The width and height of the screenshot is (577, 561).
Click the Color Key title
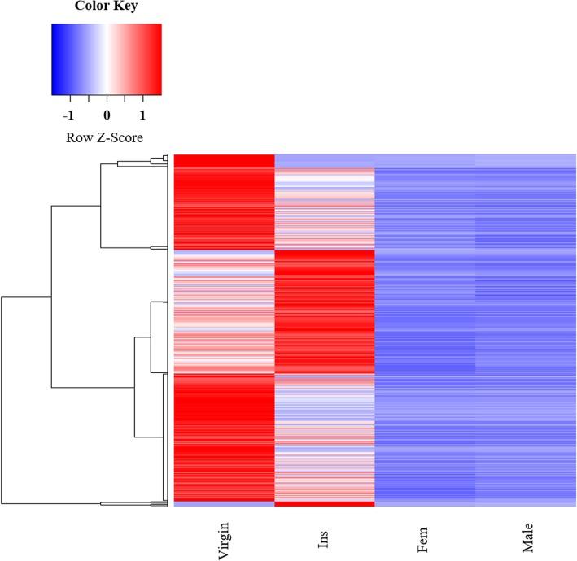(106, 7)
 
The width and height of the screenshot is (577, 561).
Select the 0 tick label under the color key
(107, 115)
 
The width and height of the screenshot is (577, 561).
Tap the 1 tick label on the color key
(142, 115)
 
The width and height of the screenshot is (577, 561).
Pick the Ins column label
(325, 541)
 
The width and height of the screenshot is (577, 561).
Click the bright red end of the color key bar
(157, 59)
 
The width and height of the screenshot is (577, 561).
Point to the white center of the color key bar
(107, 59)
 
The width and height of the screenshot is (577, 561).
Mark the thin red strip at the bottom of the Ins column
(325, 504)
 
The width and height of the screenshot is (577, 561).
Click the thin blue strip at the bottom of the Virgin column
(225, 504)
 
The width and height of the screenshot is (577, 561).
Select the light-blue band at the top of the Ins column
(325, 161)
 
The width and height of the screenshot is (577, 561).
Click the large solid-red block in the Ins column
(325, 309)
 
